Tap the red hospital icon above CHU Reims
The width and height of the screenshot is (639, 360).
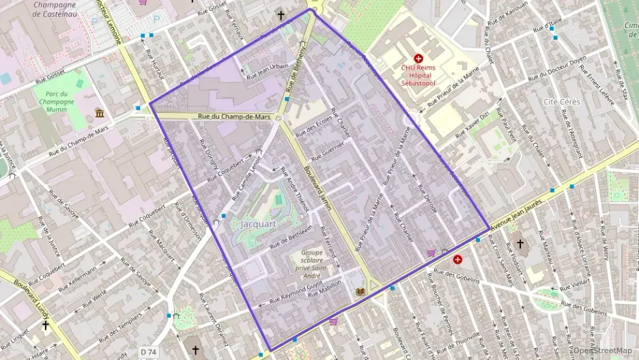coord(418,59)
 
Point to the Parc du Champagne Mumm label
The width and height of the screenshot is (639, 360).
coord(56,100)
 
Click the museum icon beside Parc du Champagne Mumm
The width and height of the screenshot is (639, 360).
coord(100,113)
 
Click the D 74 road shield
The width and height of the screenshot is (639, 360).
coord(149,352)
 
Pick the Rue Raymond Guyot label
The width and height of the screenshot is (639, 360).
coord(295,294)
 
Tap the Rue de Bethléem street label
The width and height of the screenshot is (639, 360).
coord(292,237)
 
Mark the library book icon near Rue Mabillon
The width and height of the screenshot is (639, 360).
coord(360,292)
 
